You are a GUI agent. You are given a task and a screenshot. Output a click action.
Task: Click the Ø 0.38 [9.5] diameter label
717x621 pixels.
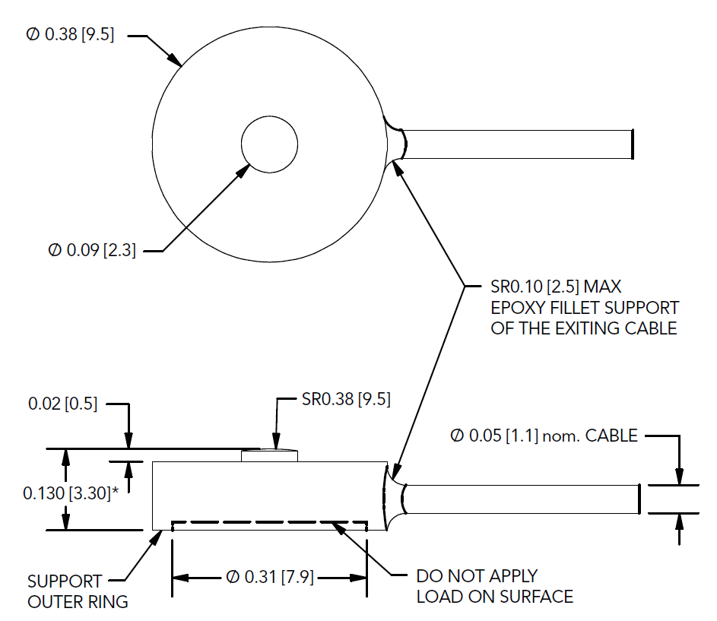click(x=70, y=35)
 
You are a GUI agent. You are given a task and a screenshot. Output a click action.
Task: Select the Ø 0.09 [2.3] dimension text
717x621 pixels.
click(x=92, y=250)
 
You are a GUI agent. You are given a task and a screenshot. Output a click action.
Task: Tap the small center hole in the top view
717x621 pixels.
click(x=269, y=144)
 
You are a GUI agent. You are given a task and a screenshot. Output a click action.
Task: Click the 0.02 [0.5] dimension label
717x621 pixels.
click(x=63, y=404)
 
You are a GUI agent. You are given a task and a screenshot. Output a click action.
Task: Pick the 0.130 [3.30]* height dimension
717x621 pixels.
click(x=74, y=493)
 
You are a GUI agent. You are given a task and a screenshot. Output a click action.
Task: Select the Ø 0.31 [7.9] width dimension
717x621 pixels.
click(x=270, y=578)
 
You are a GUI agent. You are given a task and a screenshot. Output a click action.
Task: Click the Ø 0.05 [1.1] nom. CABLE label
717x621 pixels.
click(x=543, y=436)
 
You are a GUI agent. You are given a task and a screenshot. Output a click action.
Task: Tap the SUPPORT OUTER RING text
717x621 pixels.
click(x=78, y=591)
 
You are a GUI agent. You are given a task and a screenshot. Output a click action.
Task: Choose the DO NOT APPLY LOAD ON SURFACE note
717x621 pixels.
click(x=494, y=586)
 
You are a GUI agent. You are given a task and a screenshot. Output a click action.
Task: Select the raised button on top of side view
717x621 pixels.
click(x=269, y=456)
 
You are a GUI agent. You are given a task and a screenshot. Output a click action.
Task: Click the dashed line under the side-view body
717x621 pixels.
click(x=269, y=522)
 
